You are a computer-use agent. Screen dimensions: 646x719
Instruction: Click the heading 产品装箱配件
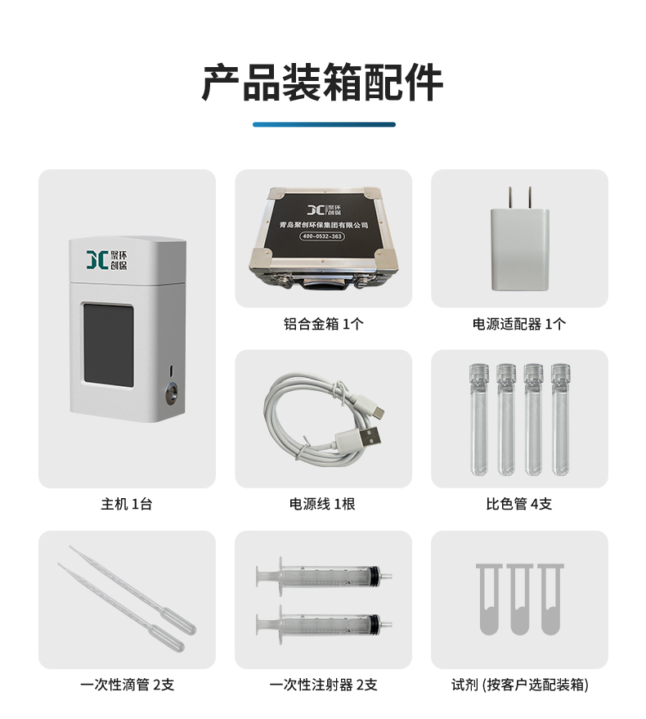(322, 83)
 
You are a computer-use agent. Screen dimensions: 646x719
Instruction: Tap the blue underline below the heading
(324, 124)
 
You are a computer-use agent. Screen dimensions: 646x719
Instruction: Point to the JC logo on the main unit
(107, 260)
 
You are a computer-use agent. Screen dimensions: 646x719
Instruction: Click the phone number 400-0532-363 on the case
(322, 236)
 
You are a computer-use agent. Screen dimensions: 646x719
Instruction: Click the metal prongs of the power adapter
(519, 198)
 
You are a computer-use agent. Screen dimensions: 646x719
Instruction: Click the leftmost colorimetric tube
(479, 419)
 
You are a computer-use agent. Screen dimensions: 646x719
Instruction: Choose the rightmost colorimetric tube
(560, 419)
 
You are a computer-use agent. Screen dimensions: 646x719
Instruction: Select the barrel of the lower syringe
(325, 624)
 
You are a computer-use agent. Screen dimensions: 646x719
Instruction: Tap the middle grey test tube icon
(519, 599)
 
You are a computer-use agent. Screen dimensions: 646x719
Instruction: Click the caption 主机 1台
(127, 504)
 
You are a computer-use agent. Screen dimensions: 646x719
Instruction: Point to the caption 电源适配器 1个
(519, 324)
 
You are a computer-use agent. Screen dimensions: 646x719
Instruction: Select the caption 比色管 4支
(519, 504)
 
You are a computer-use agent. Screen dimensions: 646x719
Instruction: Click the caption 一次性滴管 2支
(127, 685)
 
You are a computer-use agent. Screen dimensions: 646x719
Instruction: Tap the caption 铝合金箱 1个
(323, 324)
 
